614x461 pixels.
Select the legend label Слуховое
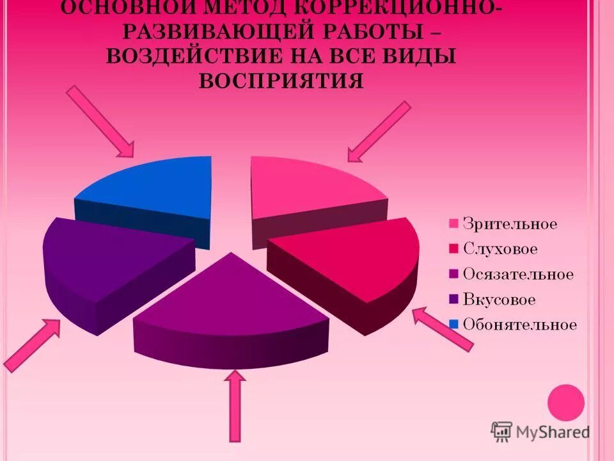coord(500,249)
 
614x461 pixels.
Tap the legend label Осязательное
coord(518,274)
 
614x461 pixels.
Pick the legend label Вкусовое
coord(499,299)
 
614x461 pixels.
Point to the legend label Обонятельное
coord(520,324)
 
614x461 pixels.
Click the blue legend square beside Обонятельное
coord(454,325)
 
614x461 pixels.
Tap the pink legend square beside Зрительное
coord(454,224)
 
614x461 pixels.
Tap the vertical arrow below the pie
coord(235,407)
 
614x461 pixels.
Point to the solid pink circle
coord(567,402)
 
